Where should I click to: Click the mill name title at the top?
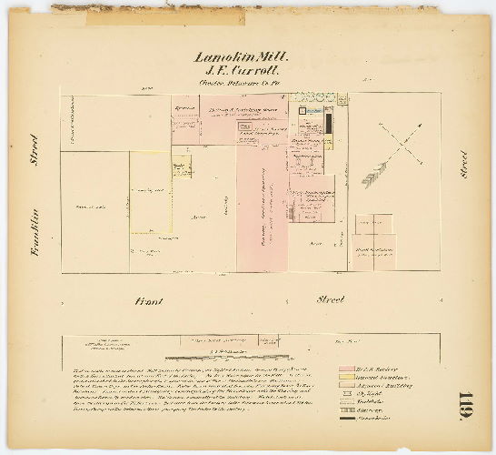click(242, 56)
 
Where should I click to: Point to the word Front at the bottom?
click(147, 298)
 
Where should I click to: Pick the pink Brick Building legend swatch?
click(347, 369)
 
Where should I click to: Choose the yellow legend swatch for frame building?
click(347, 377)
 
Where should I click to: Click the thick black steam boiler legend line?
click(347, 419)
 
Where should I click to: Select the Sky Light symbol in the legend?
click(347, 393)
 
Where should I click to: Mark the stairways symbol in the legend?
click(347, 410)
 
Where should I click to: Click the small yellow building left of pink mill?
click(182, 167)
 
